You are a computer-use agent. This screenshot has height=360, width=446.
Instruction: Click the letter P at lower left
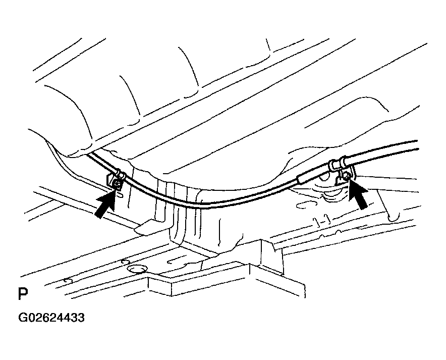tap(23, 294)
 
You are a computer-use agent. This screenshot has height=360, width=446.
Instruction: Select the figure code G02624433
tap(51, 318)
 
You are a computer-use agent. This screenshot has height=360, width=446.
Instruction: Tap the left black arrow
tap(105, 204)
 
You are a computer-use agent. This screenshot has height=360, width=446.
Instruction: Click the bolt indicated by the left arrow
tap(117, 185)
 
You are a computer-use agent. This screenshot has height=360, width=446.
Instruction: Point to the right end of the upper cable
tap(417, 141)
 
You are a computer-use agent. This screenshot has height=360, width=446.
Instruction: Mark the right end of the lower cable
tap(418, 149)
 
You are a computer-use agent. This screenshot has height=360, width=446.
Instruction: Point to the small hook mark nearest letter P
tap(68, 280)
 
